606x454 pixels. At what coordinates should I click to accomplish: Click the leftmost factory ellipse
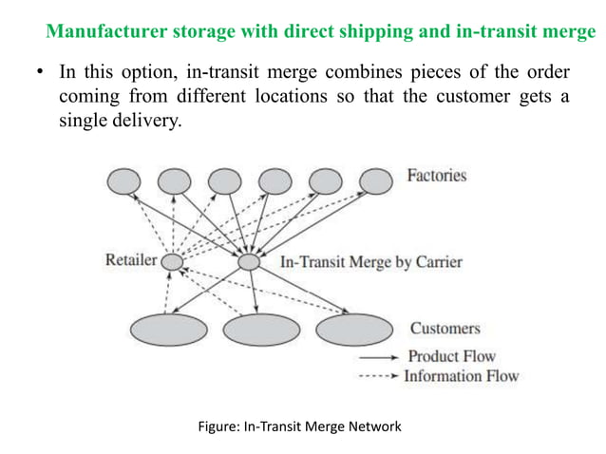pos(125,180)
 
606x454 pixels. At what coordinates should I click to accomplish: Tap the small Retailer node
pos(172,261)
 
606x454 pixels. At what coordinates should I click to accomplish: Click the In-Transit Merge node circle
pos(249,261)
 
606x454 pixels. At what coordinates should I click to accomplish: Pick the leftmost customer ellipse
pos(168,330)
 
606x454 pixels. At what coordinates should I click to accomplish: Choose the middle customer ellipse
pos(261,330)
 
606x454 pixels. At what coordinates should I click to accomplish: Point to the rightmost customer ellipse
pos(354,330)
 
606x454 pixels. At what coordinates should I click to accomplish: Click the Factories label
pos(436,176)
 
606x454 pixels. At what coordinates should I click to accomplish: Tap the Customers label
pos(445,329)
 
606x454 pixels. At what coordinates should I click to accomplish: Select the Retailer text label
pos(130,260)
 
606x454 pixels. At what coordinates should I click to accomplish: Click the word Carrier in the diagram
pos(438,261)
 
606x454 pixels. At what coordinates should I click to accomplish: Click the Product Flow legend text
pos(451,357)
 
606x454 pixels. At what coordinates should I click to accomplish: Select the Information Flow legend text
pos(461,376)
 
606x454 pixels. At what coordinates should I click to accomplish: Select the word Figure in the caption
pos(220,427)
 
